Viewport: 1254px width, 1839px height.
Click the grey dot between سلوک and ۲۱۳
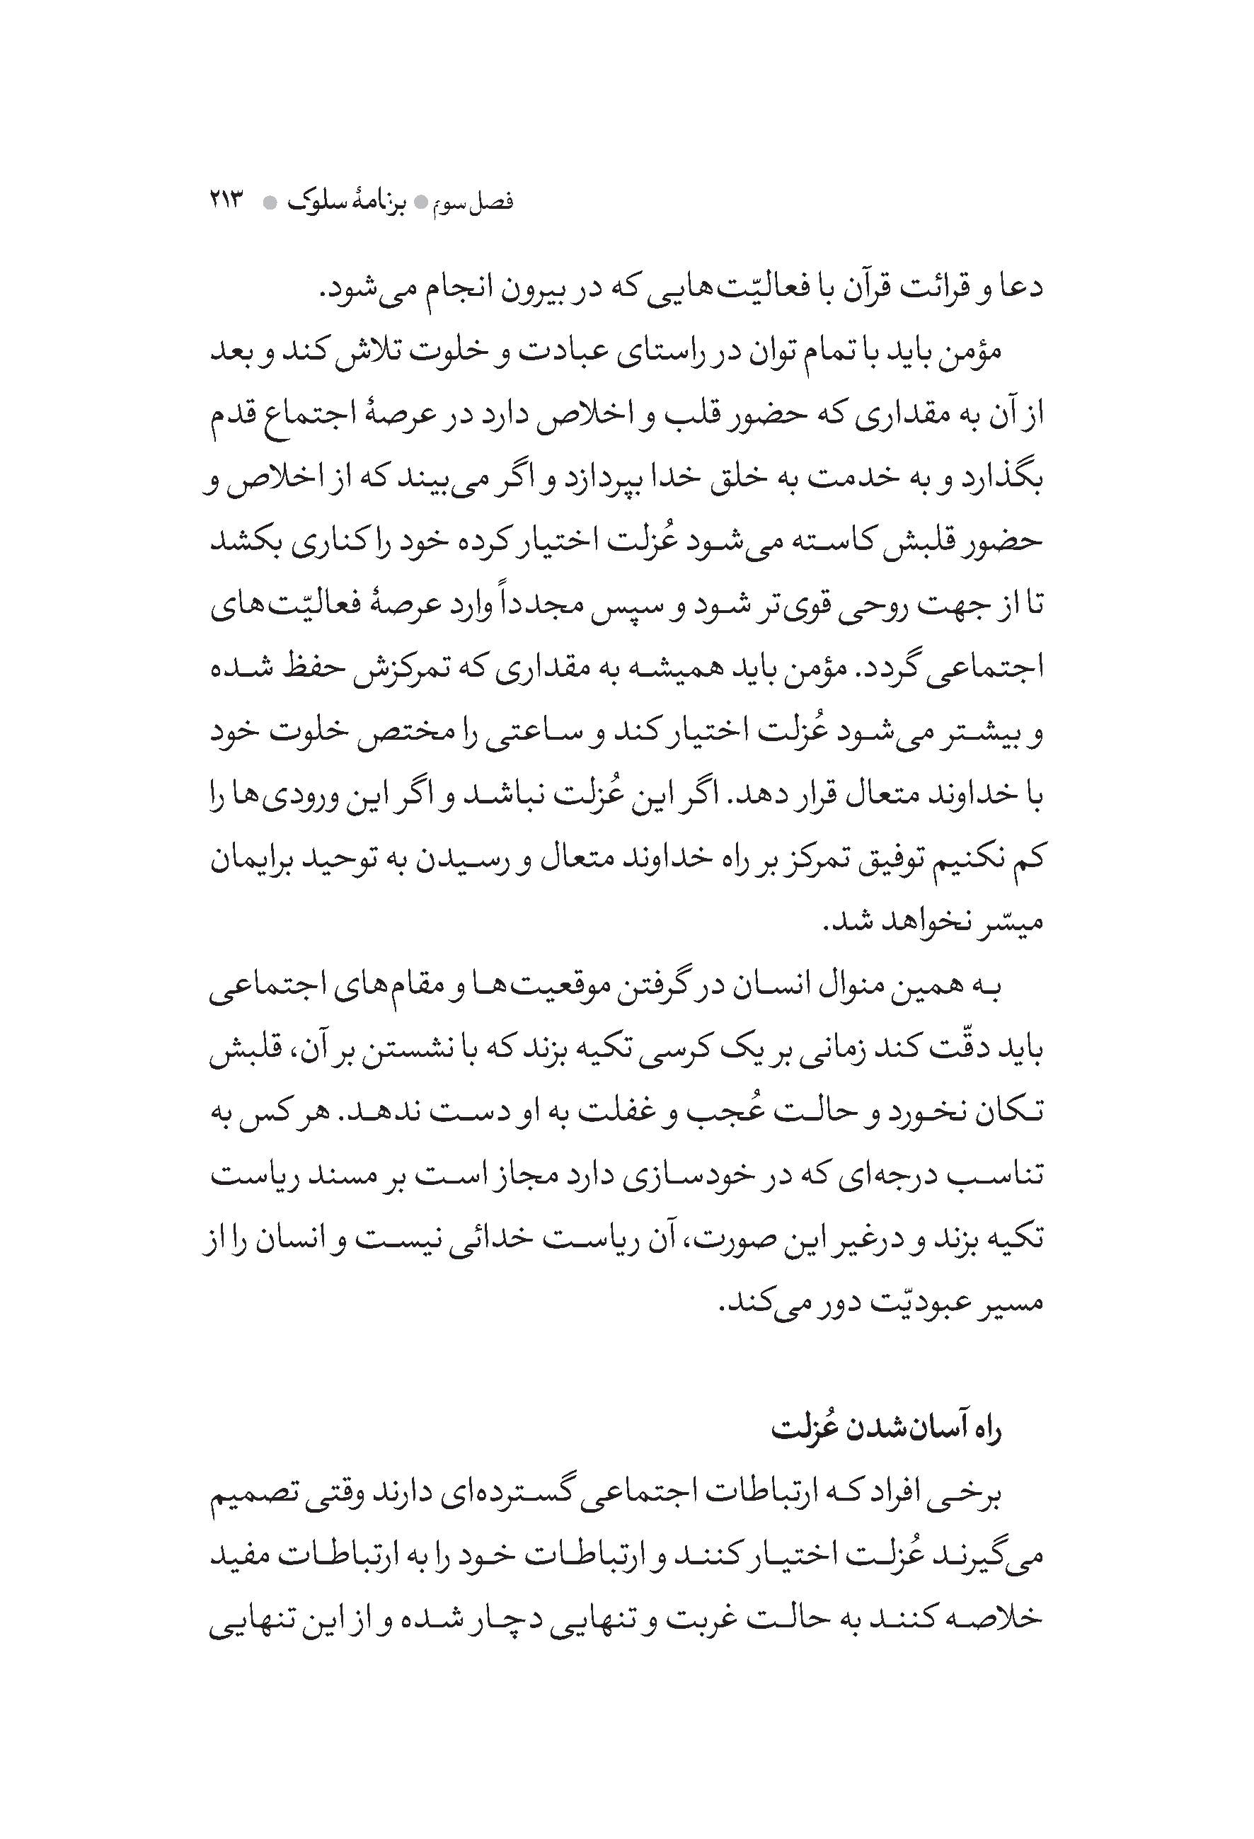click(x=270, y=202)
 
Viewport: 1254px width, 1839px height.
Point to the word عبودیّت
click(x=919, y=1302)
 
